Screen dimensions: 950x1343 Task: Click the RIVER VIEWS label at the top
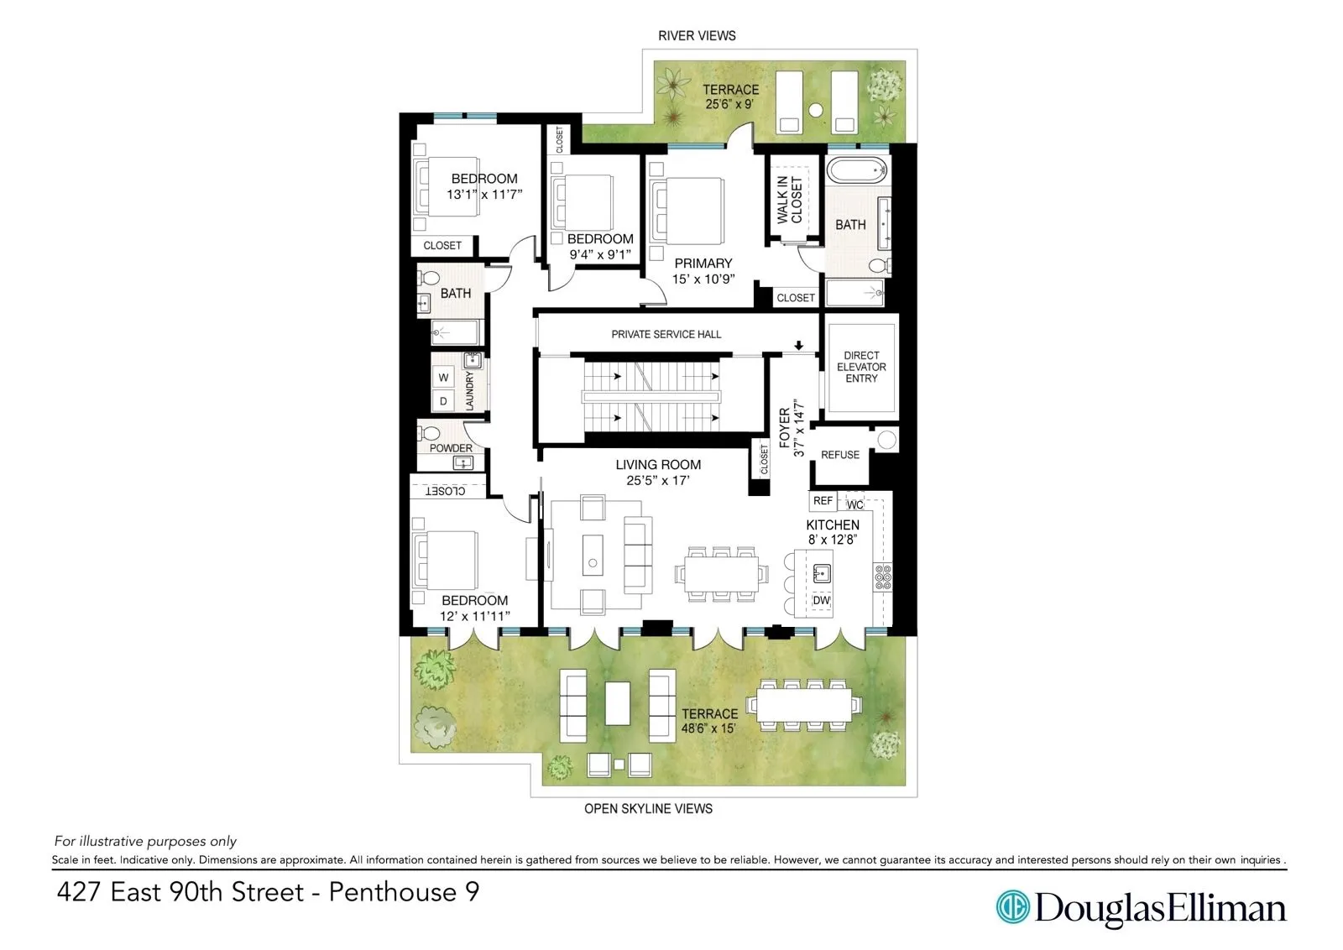697,36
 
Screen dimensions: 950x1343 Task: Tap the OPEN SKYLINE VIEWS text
648,808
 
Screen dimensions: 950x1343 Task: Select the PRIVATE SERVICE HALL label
666,334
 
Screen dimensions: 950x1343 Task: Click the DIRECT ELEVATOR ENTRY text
861,367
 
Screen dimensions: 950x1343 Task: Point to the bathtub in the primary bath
857,170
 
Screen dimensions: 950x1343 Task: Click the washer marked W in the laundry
443,378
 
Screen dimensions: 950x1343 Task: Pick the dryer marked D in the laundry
443,401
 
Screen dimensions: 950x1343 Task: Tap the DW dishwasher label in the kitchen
821,600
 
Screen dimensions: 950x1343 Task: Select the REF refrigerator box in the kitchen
823,501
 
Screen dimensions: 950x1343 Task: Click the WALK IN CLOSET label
789,200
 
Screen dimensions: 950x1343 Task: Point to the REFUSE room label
840,455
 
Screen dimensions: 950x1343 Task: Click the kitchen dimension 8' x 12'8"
832,540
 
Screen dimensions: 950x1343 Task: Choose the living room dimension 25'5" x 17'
657,481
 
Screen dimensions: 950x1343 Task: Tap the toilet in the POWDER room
431,432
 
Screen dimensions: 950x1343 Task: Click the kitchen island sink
821,573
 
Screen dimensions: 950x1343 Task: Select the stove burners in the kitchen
883,577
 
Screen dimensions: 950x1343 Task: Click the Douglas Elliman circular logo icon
1012,907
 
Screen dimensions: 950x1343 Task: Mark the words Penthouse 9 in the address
404,891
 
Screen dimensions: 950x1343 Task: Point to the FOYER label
785,428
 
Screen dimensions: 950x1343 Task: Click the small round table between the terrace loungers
815,109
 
